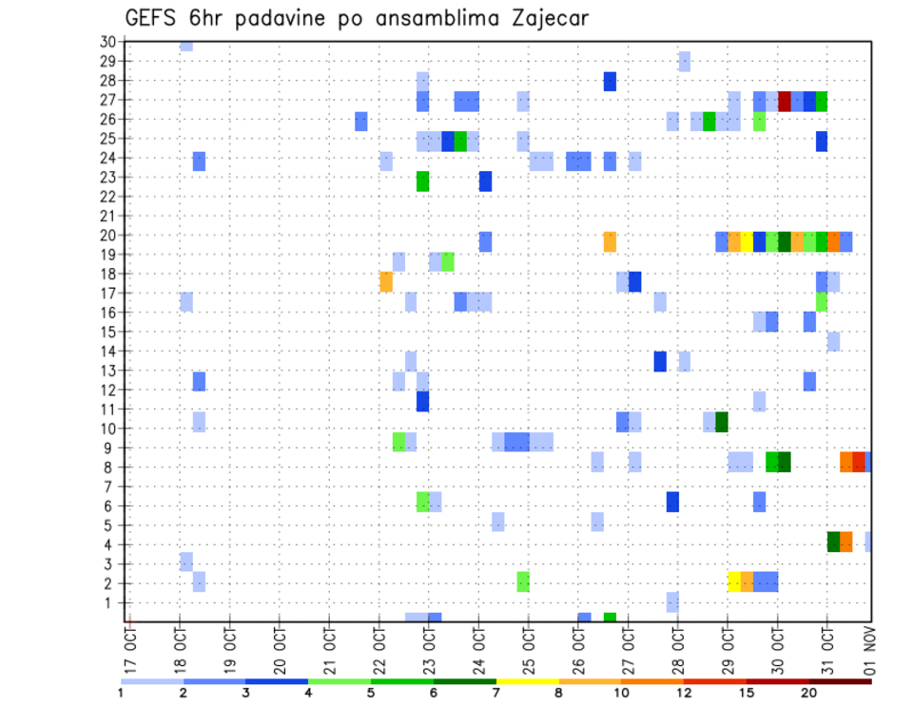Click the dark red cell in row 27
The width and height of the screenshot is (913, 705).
[x=785, y=101]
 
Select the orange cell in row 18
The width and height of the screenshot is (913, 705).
[x=386, y=281]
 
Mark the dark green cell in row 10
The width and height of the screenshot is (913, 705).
[x=722, y=422]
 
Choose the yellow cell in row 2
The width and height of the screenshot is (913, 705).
[x=734, y=581]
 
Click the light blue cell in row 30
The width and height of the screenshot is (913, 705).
[x=186, y=46]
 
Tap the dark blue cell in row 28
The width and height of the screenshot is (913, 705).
[x=610, y=82]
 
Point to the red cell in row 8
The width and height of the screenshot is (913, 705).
[x=859, y=462]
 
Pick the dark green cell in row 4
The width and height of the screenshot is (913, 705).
[x=834, y=542]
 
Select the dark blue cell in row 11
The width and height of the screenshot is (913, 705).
[x=422, y=401]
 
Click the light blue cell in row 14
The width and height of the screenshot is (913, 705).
[x=833, y=341]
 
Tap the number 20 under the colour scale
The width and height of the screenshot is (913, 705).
[x=809, y=693]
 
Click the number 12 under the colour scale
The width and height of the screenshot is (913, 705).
[x=685, y=693]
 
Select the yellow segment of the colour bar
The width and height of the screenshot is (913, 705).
[x=528, y=680]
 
